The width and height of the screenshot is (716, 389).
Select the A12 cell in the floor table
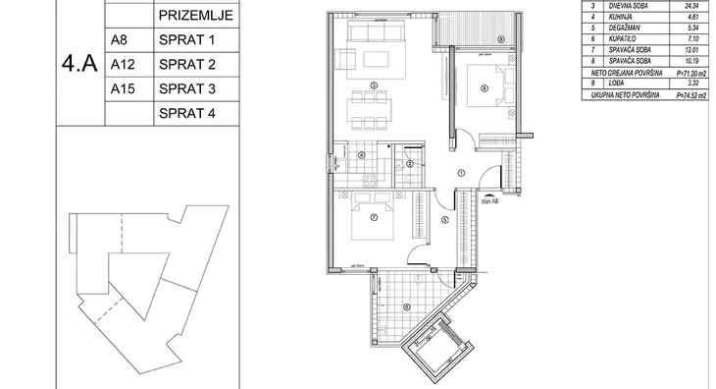(122, 65)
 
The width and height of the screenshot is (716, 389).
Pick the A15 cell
(122, 89)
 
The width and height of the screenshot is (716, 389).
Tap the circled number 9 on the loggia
(500, 38)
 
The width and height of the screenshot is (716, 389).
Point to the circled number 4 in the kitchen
(361, 155)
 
